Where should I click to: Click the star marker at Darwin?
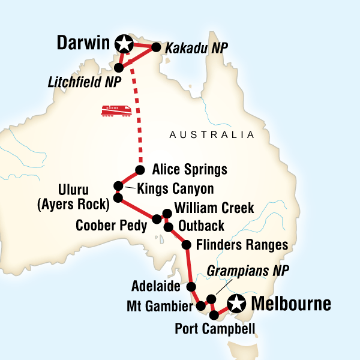[x=125, y=43]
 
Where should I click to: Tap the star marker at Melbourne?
[x=238, y=305]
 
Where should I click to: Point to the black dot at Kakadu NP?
[x=157, y=47]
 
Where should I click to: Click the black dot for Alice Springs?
[x=140, y=169]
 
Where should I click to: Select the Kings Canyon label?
[x=175, y=189]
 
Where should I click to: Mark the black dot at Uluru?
[x=118, y=197]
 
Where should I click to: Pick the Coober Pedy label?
[x=112, y=226]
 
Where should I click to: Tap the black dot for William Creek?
[x=167, y=213]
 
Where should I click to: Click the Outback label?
[x=201, y=226]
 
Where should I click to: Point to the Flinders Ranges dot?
[x=186, y=245]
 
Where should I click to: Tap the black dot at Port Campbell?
[x=214, y=314]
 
